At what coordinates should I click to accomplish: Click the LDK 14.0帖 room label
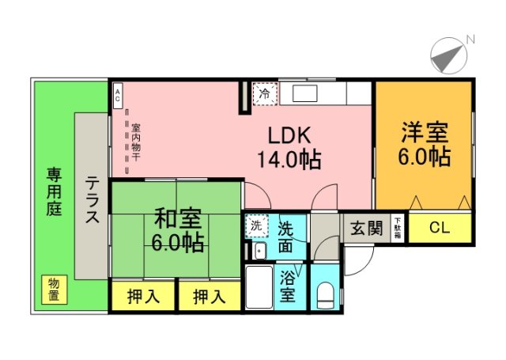288,146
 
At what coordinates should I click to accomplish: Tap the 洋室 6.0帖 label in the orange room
424,143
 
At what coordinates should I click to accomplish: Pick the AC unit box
117,96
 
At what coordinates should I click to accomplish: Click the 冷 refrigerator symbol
265,94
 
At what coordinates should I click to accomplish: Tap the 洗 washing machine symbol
255,225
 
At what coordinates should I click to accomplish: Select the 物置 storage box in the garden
54,289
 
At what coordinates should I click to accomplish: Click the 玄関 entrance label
366,229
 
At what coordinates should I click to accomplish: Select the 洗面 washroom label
288,235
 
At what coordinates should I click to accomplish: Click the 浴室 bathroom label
289,286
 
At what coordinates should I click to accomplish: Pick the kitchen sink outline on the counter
304,93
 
